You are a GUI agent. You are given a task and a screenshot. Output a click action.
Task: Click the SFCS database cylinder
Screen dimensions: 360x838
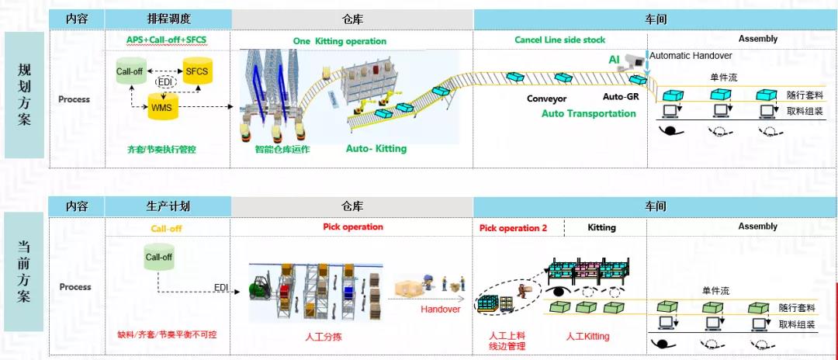point(196,71)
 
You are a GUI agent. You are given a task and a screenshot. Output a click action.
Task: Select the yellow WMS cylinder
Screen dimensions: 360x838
point(162,106)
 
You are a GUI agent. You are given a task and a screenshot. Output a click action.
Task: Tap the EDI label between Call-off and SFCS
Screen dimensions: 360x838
point(164,81)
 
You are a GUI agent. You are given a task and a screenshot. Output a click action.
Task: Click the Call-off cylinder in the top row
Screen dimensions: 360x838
point(130,71)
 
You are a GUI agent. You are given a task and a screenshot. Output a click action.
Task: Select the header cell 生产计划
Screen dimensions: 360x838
point(168,206)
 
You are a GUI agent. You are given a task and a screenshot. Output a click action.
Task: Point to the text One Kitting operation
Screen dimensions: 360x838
point(339,41)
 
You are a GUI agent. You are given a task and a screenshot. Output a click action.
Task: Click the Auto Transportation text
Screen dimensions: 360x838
point(588,113)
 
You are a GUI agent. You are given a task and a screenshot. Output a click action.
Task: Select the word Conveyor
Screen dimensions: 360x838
point(547,99)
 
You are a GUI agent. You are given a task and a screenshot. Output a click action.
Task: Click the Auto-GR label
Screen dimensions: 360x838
point(621,97)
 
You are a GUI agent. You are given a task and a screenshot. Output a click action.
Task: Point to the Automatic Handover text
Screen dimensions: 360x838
point(691,55)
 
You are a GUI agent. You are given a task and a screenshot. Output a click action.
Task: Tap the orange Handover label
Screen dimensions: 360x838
point(440,309)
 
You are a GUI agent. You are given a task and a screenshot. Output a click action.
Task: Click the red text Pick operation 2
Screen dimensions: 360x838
point(513,228)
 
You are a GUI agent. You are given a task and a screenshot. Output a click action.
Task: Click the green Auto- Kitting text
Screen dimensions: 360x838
point(376,148)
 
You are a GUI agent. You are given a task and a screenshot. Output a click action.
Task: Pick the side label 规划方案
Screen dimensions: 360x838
point(24,94)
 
